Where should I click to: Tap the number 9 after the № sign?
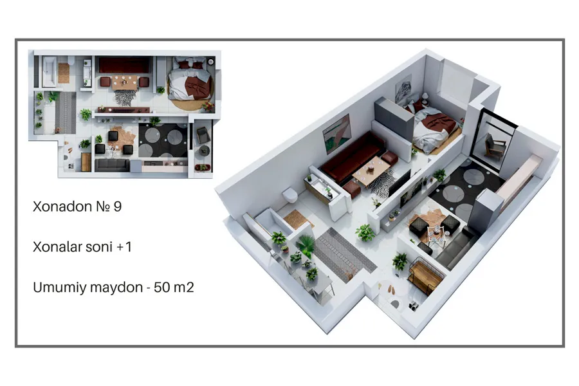(118, 207)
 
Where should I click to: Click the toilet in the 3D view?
(290, 195)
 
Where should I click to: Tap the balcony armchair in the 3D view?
(495, 146)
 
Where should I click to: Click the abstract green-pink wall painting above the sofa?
(336, 134)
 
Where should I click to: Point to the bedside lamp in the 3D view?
(425, 98)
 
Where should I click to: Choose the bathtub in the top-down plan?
(49, 71)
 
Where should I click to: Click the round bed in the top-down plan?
(191, 84)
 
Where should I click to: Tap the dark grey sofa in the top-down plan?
(112, 165)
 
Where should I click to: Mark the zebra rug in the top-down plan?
(125, 98)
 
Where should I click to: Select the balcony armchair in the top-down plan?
(203, 135)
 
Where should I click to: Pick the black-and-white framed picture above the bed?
(403, 90)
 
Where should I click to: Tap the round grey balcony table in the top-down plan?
(204, 151)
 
